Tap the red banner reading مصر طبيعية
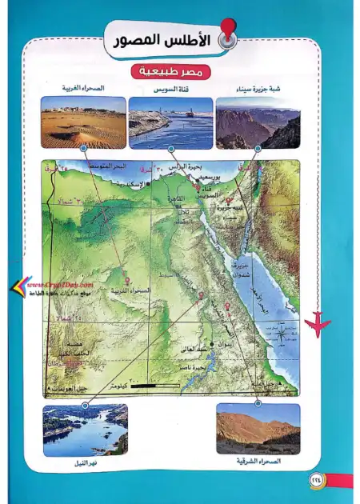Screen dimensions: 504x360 (x=170, y=72)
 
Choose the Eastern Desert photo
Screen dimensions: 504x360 (x=258, y=429)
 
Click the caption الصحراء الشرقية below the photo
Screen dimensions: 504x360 (x=258, y=462)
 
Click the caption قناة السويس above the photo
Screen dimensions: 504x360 (x=170, y=90)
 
